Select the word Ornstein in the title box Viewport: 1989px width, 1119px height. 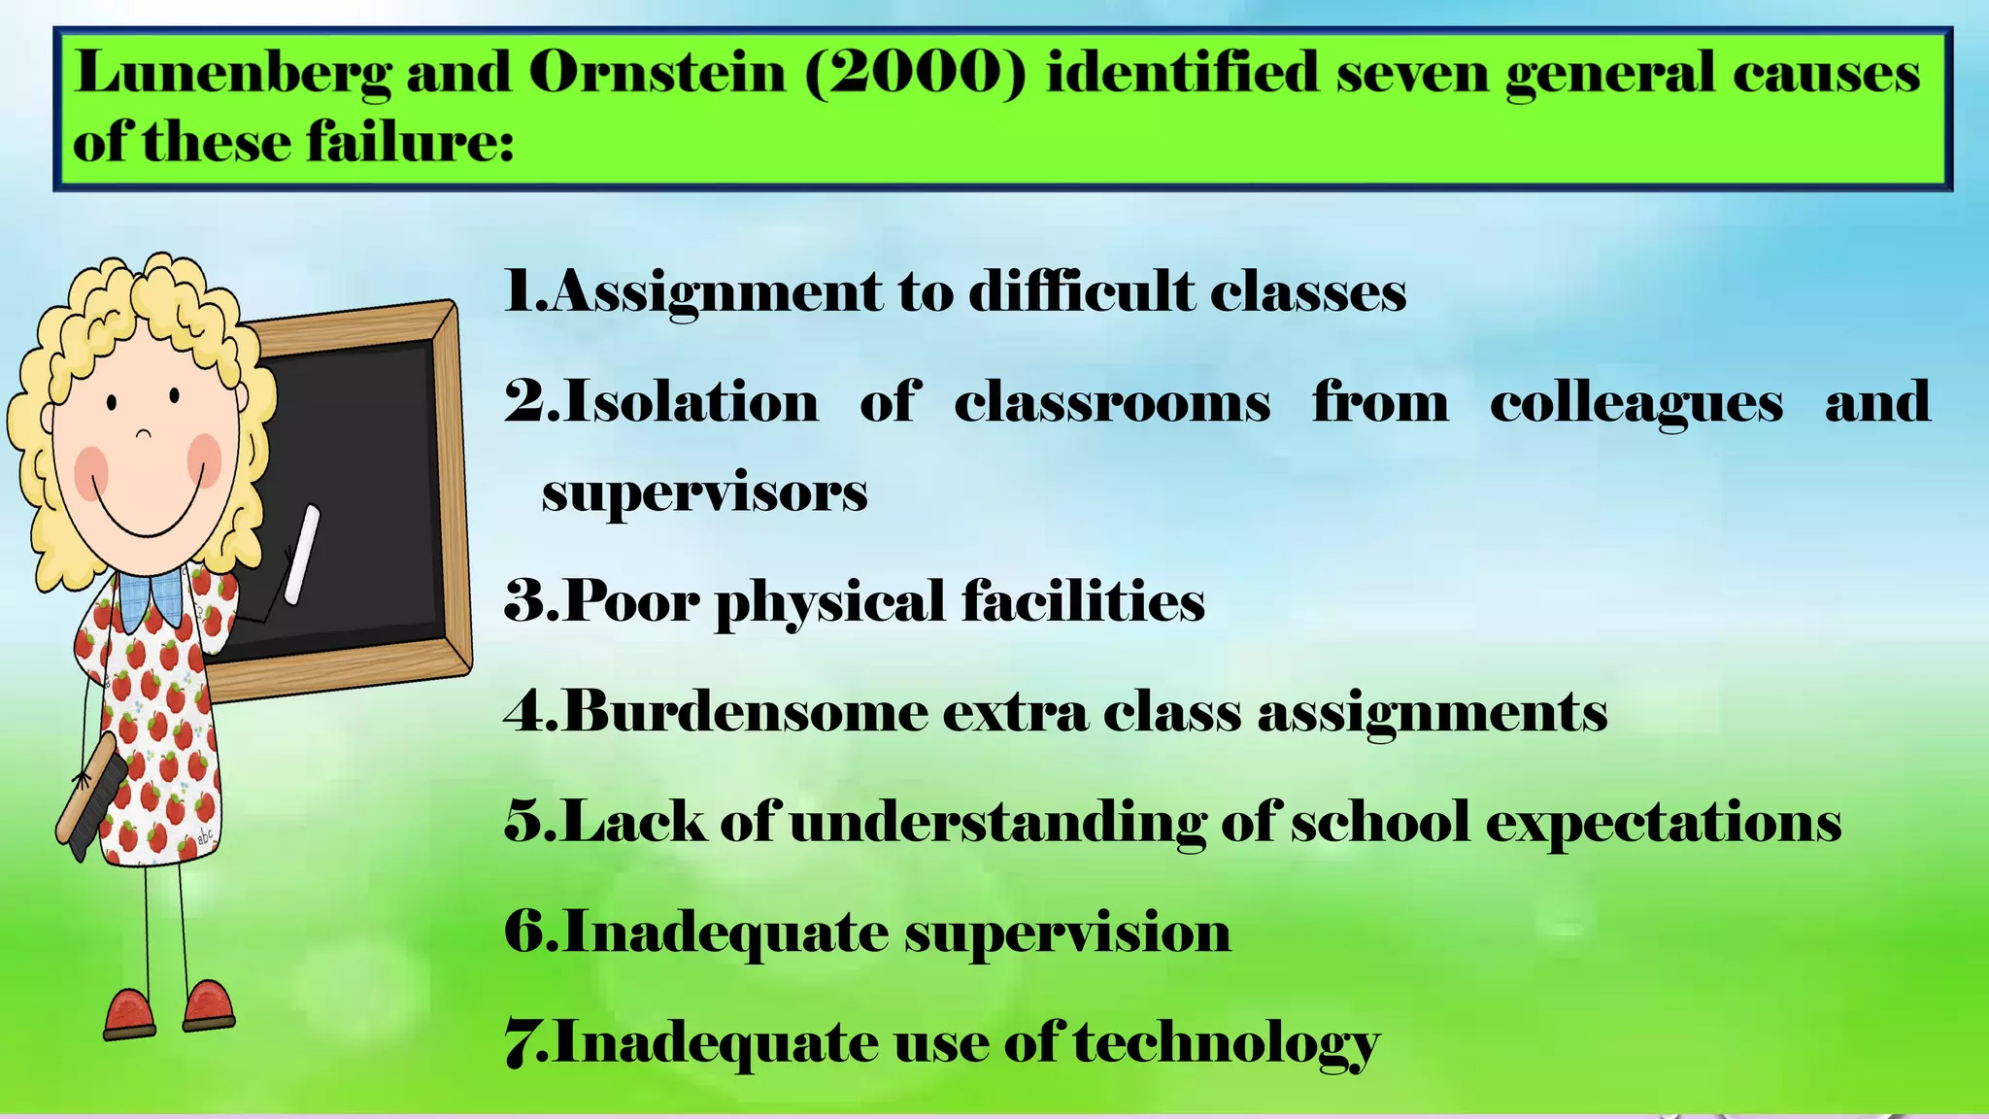coord(657,73)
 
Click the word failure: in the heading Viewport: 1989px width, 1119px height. coord(410,144)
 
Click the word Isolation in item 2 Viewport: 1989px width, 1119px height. coord(691,402)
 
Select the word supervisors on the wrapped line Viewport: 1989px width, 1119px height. coord(704,493)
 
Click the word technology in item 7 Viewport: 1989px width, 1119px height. coord(1226,1044)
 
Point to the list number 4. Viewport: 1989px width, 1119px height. coord(526,712)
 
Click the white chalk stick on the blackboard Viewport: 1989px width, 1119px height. coord(302,554)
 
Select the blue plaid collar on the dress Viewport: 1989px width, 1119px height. coord(152,594)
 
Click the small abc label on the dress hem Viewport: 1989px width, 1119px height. coord(206,836)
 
